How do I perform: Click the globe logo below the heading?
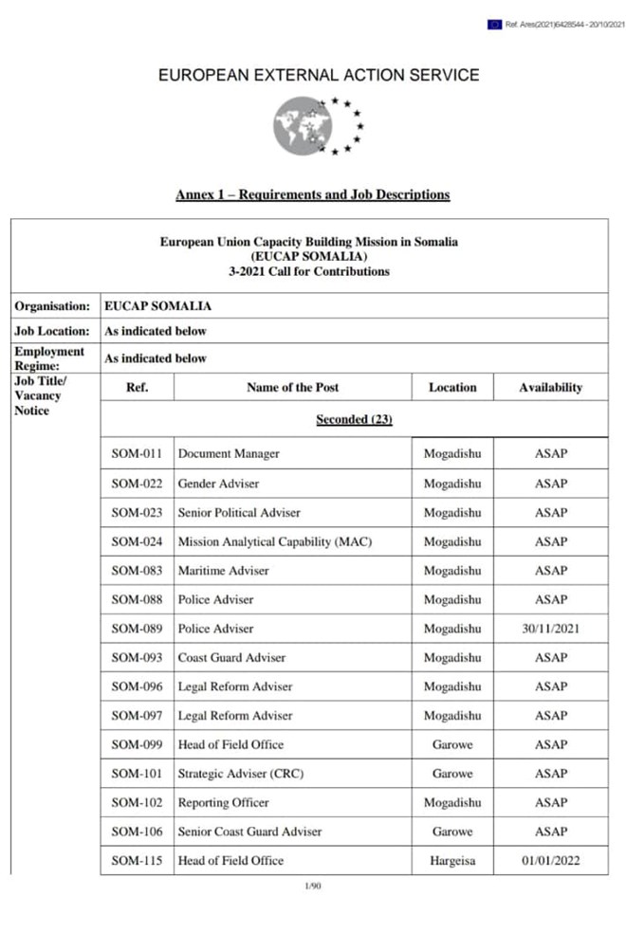304,127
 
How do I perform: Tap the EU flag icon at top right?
494,25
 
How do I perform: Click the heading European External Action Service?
319,76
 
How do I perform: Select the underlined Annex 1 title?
312,195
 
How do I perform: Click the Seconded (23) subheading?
354,419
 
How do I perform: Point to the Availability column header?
550,387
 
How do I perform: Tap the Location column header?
452,387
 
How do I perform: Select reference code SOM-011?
137,454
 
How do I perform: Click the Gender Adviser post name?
218,484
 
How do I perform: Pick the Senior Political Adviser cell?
239,513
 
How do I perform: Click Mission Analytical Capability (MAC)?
275,542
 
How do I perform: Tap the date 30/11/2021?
550,629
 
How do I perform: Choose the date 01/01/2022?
550,861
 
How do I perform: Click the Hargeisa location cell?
452,861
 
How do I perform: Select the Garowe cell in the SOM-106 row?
452,832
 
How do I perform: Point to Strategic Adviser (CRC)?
241,774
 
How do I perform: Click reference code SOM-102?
137,803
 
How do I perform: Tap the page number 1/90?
312,887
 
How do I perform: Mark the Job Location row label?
52,332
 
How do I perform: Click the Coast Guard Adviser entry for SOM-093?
231,658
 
